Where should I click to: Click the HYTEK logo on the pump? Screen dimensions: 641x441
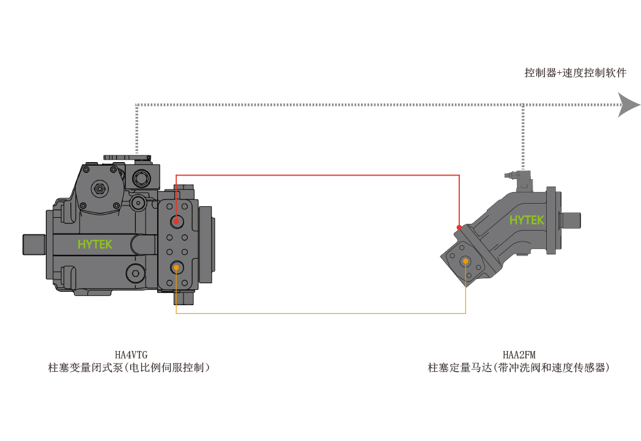point(95,245)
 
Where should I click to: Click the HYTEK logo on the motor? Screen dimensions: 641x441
point(527,220)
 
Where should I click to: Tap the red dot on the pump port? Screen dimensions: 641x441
point(176,222)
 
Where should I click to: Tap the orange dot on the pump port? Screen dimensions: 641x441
point(176,268)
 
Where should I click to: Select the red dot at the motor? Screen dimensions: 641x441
point(459,228)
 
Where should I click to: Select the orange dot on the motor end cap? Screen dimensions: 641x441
point(465,261)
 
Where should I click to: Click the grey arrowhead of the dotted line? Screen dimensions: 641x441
point(629,105)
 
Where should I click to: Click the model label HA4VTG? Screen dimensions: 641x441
point(131,355)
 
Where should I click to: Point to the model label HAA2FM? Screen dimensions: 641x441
point(519,355)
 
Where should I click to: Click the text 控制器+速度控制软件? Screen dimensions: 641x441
point(575,73)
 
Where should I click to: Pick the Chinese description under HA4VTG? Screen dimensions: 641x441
point(129,368)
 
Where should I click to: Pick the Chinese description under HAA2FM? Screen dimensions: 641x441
point(519,368)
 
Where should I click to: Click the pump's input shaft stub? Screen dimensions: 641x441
point(34,245)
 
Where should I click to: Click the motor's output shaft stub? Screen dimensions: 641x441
point(571,220)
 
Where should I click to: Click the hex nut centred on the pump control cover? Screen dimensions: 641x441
point(99,188)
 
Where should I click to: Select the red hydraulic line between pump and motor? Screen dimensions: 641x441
point(317,176)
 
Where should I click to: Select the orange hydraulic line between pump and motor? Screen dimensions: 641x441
point(321,313)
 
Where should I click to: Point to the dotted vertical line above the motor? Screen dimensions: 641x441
point(523,138)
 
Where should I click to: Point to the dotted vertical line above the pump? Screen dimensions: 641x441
point(136,129)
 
